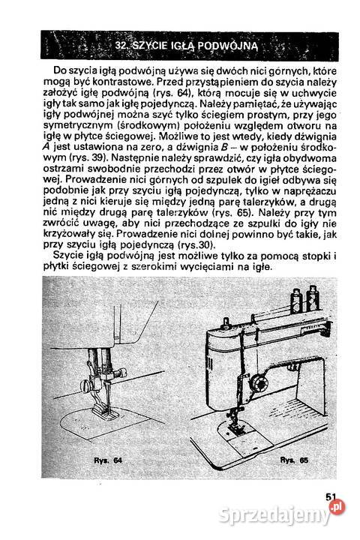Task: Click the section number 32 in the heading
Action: click(x=122, y=46)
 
